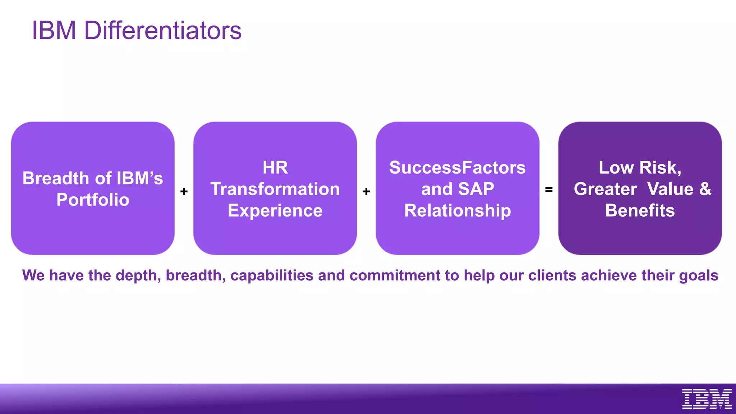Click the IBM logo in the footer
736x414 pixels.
click(x=707, y=399)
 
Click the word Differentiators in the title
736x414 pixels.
click(x=163, y=31)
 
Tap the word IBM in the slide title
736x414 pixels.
click(x=54, y=31)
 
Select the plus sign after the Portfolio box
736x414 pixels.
click(x=184, y=192)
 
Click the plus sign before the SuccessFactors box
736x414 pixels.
click(x=366, y=192)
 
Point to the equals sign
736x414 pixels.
click(x=549, y=189)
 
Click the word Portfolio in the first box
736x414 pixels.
click(x=93, y=200)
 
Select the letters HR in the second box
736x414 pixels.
click(x=275, y=167)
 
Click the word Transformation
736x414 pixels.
click(x=275, y=189)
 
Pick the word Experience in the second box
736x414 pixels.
click(x=275, y=211)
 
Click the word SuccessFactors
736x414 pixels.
click(x=457, y=167)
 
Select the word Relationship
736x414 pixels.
click(x=457, y=211)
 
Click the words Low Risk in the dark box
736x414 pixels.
click(x=639, y=167)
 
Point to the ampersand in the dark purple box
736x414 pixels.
click(x=705, y=189)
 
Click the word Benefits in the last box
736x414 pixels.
click(x=640, y=211)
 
